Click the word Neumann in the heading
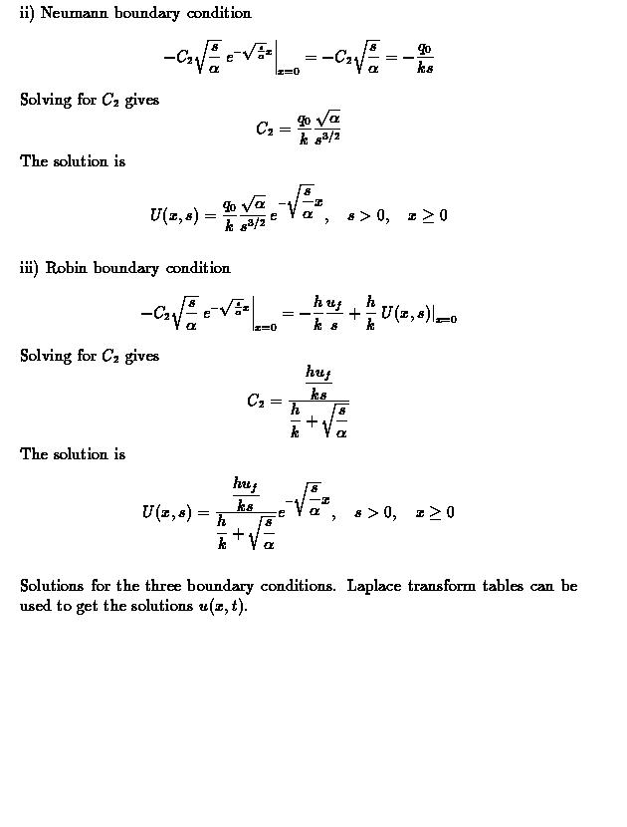click(75, 13)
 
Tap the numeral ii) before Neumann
click(27, 13)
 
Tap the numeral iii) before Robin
click(30, 268)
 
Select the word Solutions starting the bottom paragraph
click(55, 586)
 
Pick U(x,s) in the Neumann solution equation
click(175, 215)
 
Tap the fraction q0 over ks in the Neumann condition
click(425, 59)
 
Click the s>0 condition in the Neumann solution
click(367, 215)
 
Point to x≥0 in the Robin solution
click(435, 512)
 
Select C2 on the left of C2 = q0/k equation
click(266, 129)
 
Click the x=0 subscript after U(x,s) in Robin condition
click(445, 320)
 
